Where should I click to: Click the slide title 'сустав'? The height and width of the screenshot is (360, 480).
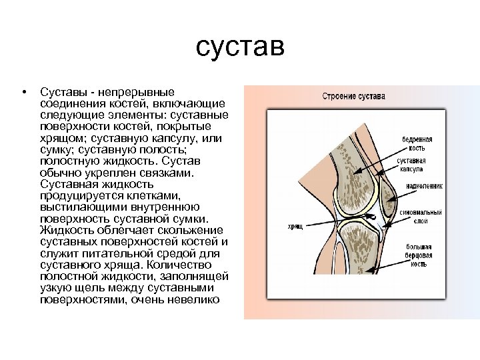click(240, 47)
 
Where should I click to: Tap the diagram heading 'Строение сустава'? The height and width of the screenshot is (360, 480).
click(353, 96)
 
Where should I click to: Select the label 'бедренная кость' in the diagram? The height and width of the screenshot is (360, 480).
click(417, 144)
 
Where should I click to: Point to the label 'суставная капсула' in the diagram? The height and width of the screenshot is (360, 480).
click(413, 166)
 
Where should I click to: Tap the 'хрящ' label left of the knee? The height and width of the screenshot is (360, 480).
click(295, 227)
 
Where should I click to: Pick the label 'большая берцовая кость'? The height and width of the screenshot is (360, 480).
click(418, 255)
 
